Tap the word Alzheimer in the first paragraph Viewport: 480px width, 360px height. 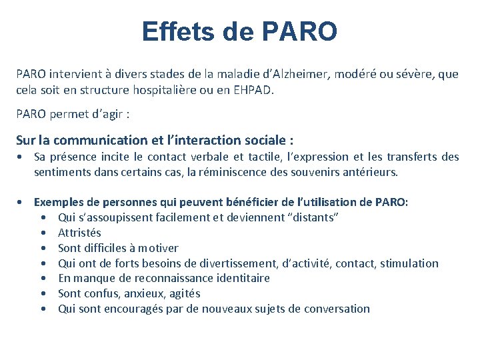(x=291, y=74)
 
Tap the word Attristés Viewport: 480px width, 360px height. (x=79, y=233)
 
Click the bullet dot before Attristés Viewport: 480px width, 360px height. (x=43, y=233)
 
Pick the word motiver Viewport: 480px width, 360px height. (x=159, y=248)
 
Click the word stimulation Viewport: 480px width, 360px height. (x=409, y=263)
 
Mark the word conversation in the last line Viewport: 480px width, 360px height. (x=337, y=309)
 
